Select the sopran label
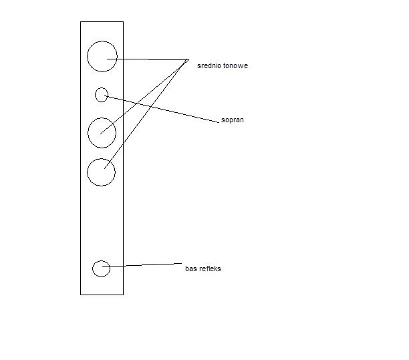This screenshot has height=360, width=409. point(233,120)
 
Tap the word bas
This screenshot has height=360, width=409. point(190,268)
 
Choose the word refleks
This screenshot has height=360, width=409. point(210,268)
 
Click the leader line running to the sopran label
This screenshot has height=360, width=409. point(162,109)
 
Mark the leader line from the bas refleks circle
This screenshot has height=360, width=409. point(142,265)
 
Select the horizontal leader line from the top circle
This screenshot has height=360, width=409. point(148,59)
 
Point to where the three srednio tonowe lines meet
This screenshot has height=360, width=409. point(188,59)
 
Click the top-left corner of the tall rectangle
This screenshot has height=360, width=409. point(81,21)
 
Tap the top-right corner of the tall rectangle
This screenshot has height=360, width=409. point(123,21)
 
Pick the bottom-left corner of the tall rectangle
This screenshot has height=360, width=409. point(81,295)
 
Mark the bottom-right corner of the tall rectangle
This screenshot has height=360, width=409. point(123,295)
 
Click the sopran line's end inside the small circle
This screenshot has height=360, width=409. point(105,96)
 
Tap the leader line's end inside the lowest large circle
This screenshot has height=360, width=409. point(104,169)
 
